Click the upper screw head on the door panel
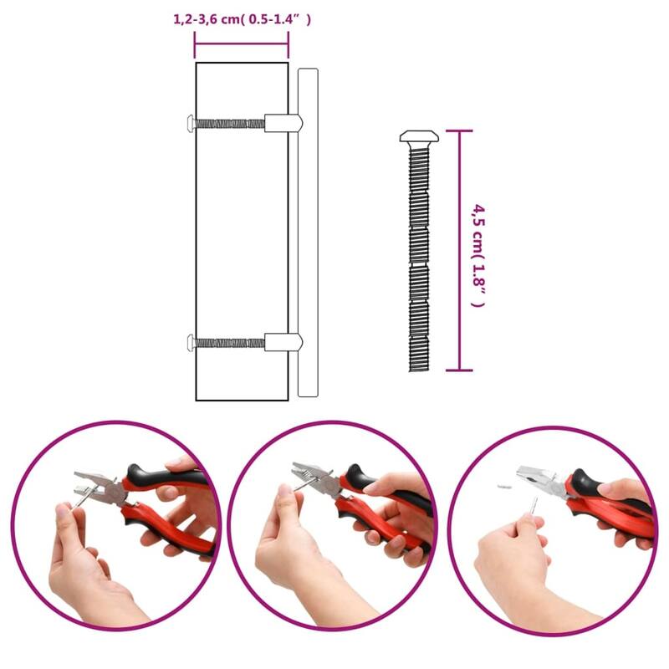pyautogui.click(x=192, y=123)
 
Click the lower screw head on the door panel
pyautogui.click(x=192, y=341)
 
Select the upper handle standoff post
pyautogui.click(x=283, y=123)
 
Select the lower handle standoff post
pyautogui.click(x=283, y=341)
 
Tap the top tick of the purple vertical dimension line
pyautogui.click(x=459, y=131)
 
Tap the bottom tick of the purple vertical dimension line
pyautogui.click(x=459, y=370)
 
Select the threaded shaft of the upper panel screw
pyautogui.click(x=230, y=124)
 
